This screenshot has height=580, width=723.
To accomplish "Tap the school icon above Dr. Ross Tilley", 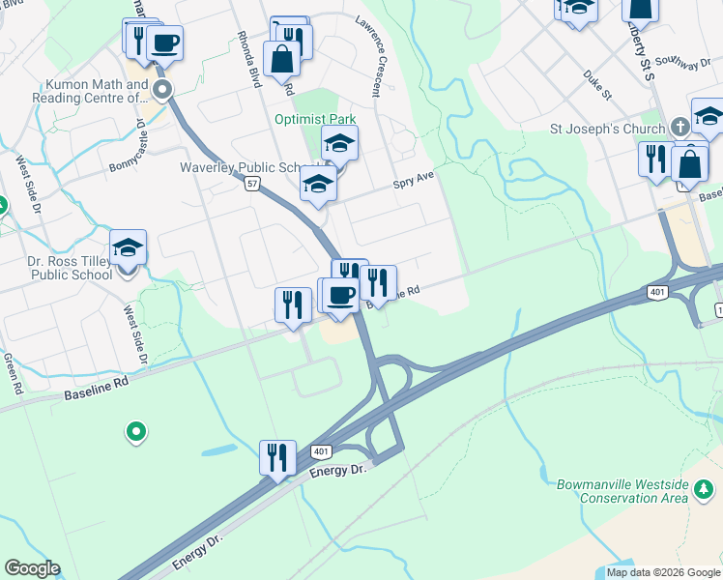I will pyautogui.click(x=128, y=247).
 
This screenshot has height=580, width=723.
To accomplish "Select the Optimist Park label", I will pyautogui.click(x=315, y=120).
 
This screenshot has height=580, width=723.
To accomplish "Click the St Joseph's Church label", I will pyautogui.click(x=607, y=129).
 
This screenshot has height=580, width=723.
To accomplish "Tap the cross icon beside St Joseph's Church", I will pyautogui.click(x=680, y=128).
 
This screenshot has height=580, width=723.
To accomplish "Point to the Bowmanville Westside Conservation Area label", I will pyautogui.click(x=622, y=490).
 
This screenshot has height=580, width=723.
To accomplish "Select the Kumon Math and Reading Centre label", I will pyautogui.click(x=90, y=92).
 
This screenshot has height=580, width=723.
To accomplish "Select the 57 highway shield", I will pyautogui.click(x=250, y=183).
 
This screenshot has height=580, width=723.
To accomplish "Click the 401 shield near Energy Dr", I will pyautogui.click(x=321, y=451).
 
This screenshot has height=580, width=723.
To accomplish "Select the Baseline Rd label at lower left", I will pyautogui.click(x=96, y=390).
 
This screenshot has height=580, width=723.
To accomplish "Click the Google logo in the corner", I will pyautogui.click(x=32, y=568).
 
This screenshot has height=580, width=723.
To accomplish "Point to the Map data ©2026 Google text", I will pyautogui.click(x=663, y=572).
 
